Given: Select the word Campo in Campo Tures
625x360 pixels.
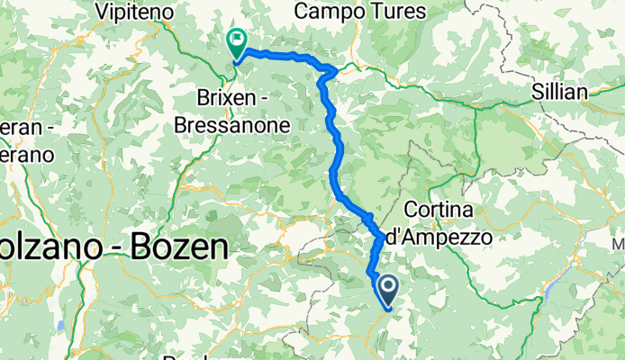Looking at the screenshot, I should (331, 12).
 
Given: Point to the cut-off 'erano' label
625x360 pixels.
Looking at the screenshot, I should (27, 155).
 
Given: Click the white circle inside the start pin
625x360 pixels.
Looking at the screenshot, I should (389, 287).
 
